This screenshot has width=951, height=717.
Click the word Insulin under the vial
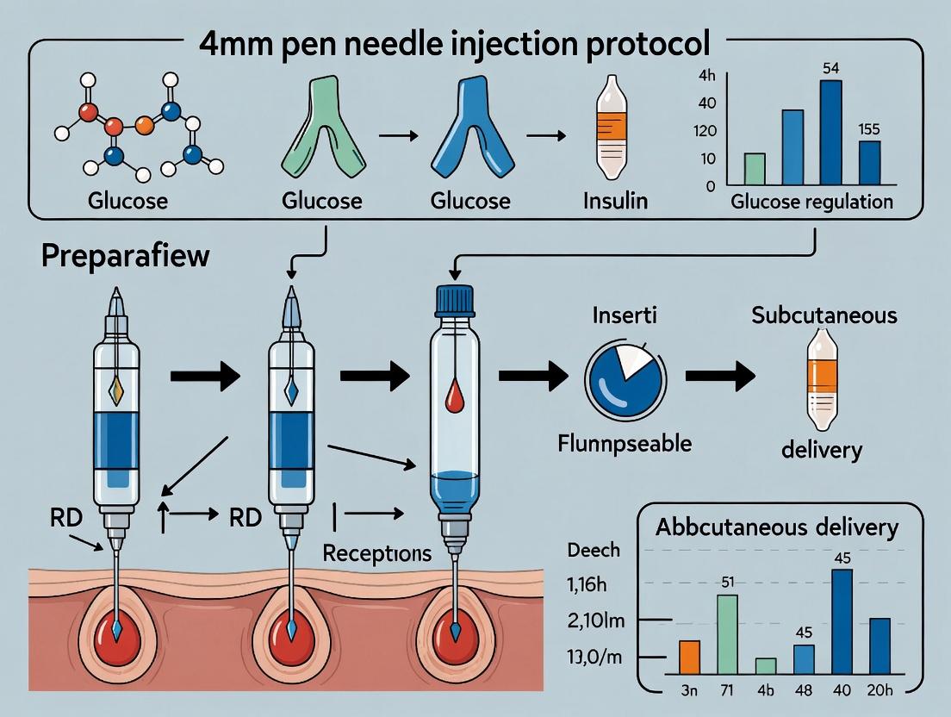[613, 201]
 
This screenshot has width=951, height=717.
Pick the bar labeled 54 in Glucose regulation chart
[830, 133]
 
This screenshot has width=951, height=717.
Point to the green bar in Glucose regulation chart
[754, 169]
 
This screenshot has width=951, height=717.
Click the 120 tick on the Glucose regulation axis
[708, 131]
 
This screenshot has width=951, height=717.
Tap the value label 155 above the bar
[869, 129]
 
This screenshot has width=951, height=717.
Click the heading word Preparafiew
[125, 256]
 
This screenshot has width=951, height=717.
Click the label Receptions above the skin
[376, 553]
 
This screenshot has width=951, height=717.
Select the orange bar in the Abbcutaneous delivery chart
[690, 657]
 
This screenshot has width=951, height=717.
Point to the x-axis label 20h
[880, 689]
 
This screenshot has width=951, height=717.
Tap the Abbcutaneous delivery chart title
[777, 527]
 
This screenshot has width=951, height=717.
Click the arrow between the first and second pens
[207, 376]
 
